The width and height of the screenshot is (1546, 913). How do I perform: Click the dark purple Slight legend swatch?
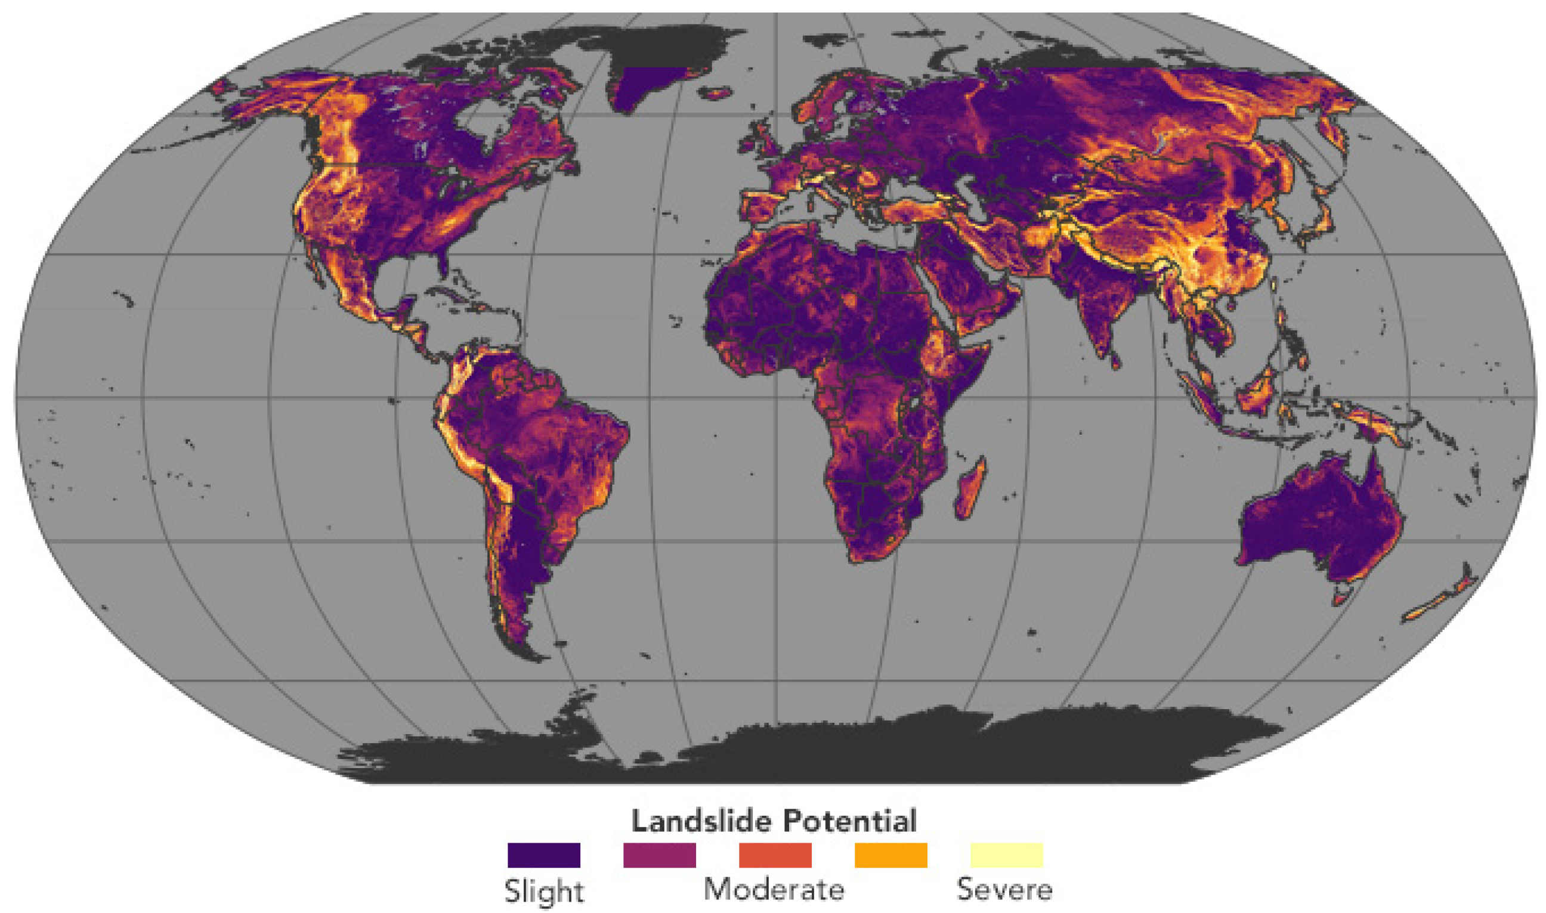point(543,855)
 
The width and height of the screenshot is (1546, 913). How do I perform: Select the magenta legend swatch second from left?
point(659,855)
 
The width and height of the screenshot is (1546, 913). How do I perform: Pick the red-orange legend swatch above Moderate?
point(775,855)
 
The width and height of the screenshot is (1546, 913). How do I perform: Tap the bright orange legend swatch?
point(891,855)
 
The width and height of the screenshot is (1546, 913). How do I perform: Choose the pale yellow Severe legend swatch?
point(1006,855)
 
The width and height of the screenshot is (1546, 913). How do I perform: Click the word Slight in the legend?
point(544,891)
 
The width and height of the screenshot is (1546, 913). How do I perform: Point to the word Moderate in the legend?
point(774,890)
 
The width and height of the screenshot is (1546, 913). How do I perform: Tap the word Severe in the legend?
point(1004,890)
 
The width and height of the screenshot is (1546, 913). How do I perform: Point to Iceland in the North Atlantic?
point(716,94)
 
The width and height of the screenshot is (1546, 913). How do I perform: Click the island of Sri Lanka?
point(1115,360)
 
